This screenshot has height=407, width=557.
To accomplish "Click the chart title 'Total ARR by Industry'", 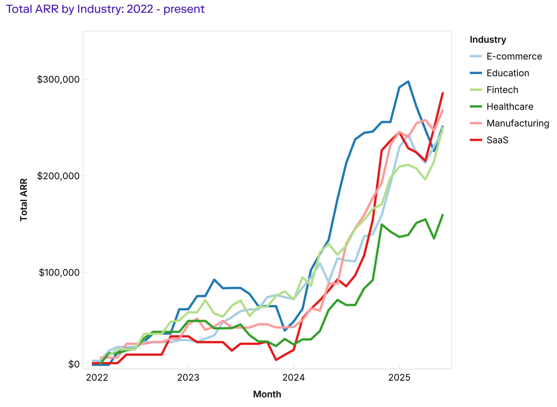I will tap(106, 9).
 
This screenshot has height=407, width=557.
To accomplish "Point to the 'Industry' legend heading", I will tap(488, 40).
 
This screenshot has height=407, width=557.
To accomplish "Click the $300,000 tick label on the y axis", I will tap(58, 79).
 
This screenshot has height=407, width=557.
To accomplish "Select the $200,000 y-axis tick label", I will tap(58, 176).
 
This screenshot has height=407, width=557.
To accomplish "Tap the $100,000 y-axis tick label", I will tap(58, 272).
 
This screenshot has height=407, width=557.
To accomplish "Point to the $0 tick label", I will tap(74, 364).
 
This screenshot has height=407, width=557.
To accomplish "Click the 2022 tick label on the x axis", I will tap(97, 378).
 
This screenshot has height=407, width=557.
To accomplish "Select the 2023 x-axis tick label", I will tap(188, 378).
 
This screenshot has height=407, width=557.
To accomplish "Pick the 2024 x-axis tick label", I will tap(294, 378).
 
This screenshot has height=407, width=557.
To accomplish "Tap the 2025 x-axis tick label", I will tap(399, 378).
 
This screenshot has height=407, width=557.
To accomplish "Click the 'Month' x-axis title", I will tap(267, 394).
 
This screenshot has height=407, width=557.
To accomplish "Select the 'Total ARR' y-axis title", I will tap(24, 200).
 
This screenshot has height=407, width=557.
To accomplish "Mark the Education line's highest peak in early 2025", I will tap(408, 82).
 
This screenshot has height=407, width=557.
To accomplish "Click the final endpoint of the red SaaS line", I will tap(443, 92).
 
